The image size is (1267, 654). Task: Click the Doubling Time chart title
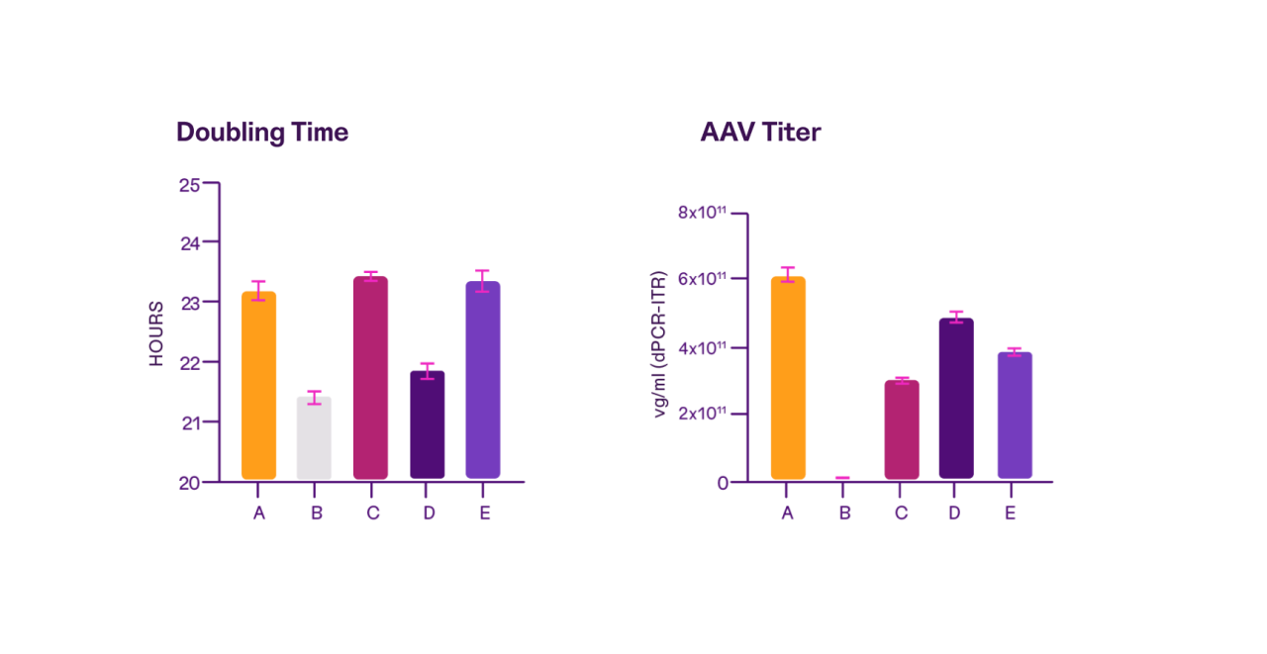point(262,133)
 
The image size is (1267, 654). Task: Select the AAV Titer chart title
point(760,133)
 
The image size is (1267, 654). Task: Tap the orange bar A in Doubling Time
point(258,386)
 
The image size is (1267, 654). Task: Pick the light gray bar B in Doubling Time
point(314,438)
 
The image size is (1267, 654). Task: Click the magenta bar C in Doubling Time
point(370,378)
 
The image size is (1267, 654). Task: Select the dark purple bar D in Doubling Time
point(427,424)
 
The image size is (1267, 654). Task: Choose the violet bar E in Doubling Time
point(483,380)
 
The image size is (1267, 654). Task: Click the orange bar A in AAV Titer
point(788,378)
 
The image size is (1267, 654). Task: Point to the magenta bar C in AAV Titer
point(901,429)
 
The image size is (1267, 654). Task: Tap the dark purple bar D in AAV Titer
point(956,398)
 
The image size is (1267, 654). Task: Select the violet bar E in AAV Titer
point(1014,416)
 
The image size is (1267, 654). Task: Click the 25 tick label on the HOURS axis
point(189,184)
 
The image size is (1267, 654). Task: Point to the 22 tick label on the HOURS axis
point(189,363)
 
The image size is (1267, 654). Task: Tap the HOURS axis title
point(156,333)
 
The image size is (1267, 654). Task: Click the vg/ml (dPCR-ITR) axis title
point(661,343)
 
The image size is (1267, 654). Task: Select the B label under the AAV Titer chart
point(843,514)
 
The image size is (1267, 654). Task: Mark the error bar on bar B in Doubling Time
point(314,398)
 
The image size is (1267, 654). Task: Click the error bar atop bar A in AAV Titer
point(788,274)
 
